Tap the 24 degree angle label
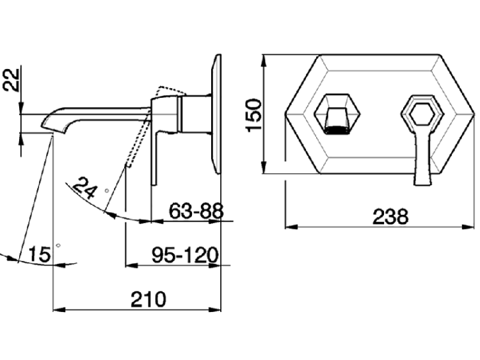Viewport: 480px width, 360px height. coord(84,188)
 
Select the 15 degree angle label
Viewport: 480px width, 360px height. coord(40,254)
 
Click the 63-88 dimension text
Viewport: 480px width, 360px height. coord(196,211)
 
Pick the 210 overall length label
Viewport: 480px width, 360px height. coord(148,299)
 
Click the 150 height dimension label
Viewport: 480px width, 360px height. coord(254,115)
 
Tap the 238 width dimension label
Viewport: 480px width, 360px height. coord(390,217)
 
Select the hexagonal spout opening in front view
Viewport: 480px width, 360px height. coord(337,114)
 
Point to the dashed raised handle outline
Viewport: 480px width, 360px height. coord(147,122)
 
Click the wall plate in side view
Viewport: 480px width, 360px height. coord(216,114)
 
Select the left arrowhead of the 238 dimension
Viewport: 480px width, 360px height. coord(291,227)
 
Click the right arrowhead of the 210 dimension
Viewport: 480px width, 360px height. coord(214,309)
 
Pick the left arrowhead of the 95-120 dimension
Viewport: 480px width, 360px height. coord(132,265)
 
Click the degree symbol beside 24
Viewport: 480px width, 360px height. coord(106,191)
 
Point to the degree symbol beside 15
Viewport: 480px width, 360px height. coord(58,246)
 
